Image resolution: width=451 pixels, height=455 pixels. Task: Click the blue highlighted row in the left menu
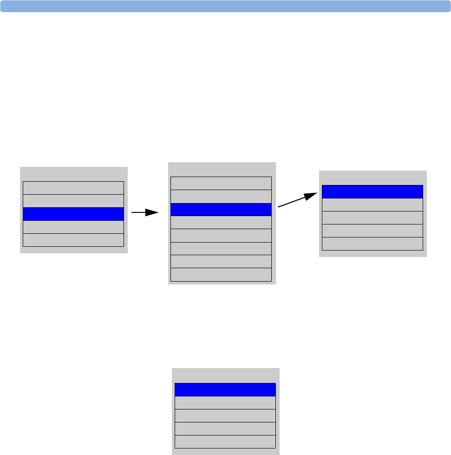click(73, 214)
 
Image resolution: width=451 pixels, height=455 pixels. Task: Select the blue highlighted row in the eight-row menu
click(221, 210)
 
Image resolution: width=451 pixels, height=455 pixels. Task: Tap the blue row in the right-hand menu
click(373, 192)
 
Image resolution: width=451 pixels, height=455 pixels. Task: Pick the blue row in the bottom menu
click(225, 389)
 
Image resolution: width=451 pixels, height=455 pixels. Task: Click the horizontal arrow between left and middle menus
click(144, 212)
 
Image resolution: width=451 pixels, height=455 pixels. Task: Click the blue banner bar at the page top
click(225, 6)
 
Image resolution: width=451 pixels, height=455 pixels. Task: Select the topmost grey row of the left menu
click(73, 188)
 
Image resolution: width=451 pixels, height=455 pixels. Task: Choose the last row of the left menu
click(73, 240)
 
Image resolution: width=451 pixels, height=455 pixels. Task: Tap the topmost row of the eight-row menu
click(221, 183)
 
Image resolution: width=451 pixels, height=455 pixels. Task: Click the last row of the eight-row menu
click(221, 275)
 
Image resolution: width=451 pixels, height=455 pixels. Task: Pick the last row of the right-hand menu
click(373, 244)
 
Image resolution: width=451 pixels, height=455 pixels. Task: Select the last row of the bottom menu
click(225, 442)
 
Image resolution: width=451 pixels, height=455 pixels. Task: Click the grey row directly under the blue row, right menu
click(373, 205)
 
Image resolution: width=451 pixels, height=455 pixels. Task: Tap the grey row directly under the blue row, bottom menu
click(225, 402)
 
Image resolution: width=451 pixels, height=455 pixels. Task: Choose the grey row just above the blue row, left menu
click(73, 201)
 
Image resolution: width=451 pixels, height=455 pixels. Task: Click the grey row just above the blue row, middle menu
click(221, 196)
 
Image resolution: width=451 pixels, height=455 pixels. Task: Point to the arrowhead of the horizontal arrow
click(153, 212)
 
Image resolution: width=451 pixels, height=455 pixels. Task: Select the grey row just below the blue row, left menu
click(73, 227)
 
